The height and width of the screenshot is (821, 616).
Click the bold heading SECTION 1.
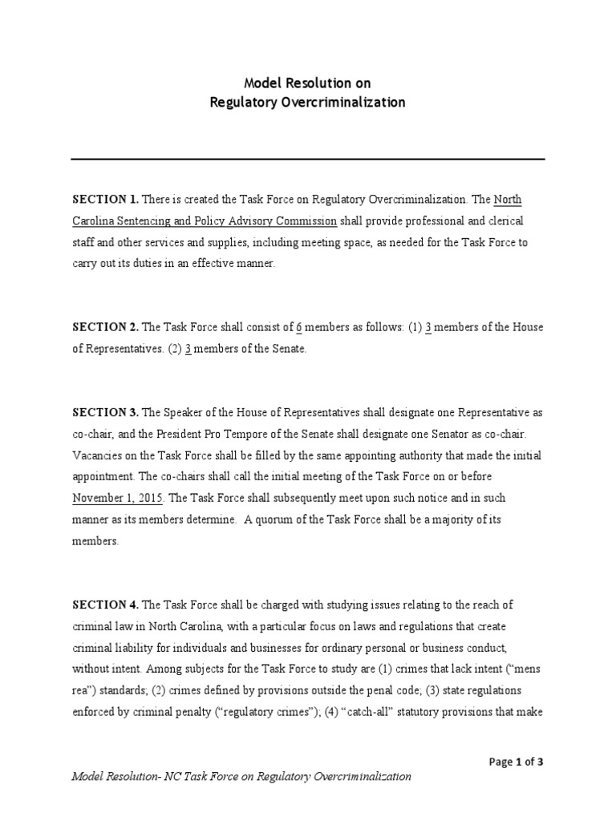[x=106, y=199]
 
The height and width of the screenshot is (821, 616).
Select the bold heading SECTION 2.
[x=106, y=327]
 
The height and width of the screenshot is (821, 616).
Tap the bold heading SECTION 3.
[x=106, y=412]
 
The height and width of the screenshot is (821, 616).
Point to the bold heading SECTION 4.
[x=106, y=604]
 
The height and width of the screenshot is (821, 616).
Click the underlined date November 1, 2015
[x=118, y=498]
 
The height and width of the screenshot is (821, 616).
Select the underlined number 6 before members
[x=299, y=327]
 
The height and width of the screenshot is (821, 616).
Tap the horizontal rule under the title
[x=308, y=159]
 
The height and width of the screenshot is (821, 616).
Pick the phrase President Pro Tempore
[x=193, y=434]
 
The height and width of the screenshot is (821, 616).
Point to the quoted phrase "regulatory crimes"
[x=269, y=712]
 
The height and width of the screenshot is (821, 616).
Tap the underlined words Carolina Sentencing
[x=127, y=220]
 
